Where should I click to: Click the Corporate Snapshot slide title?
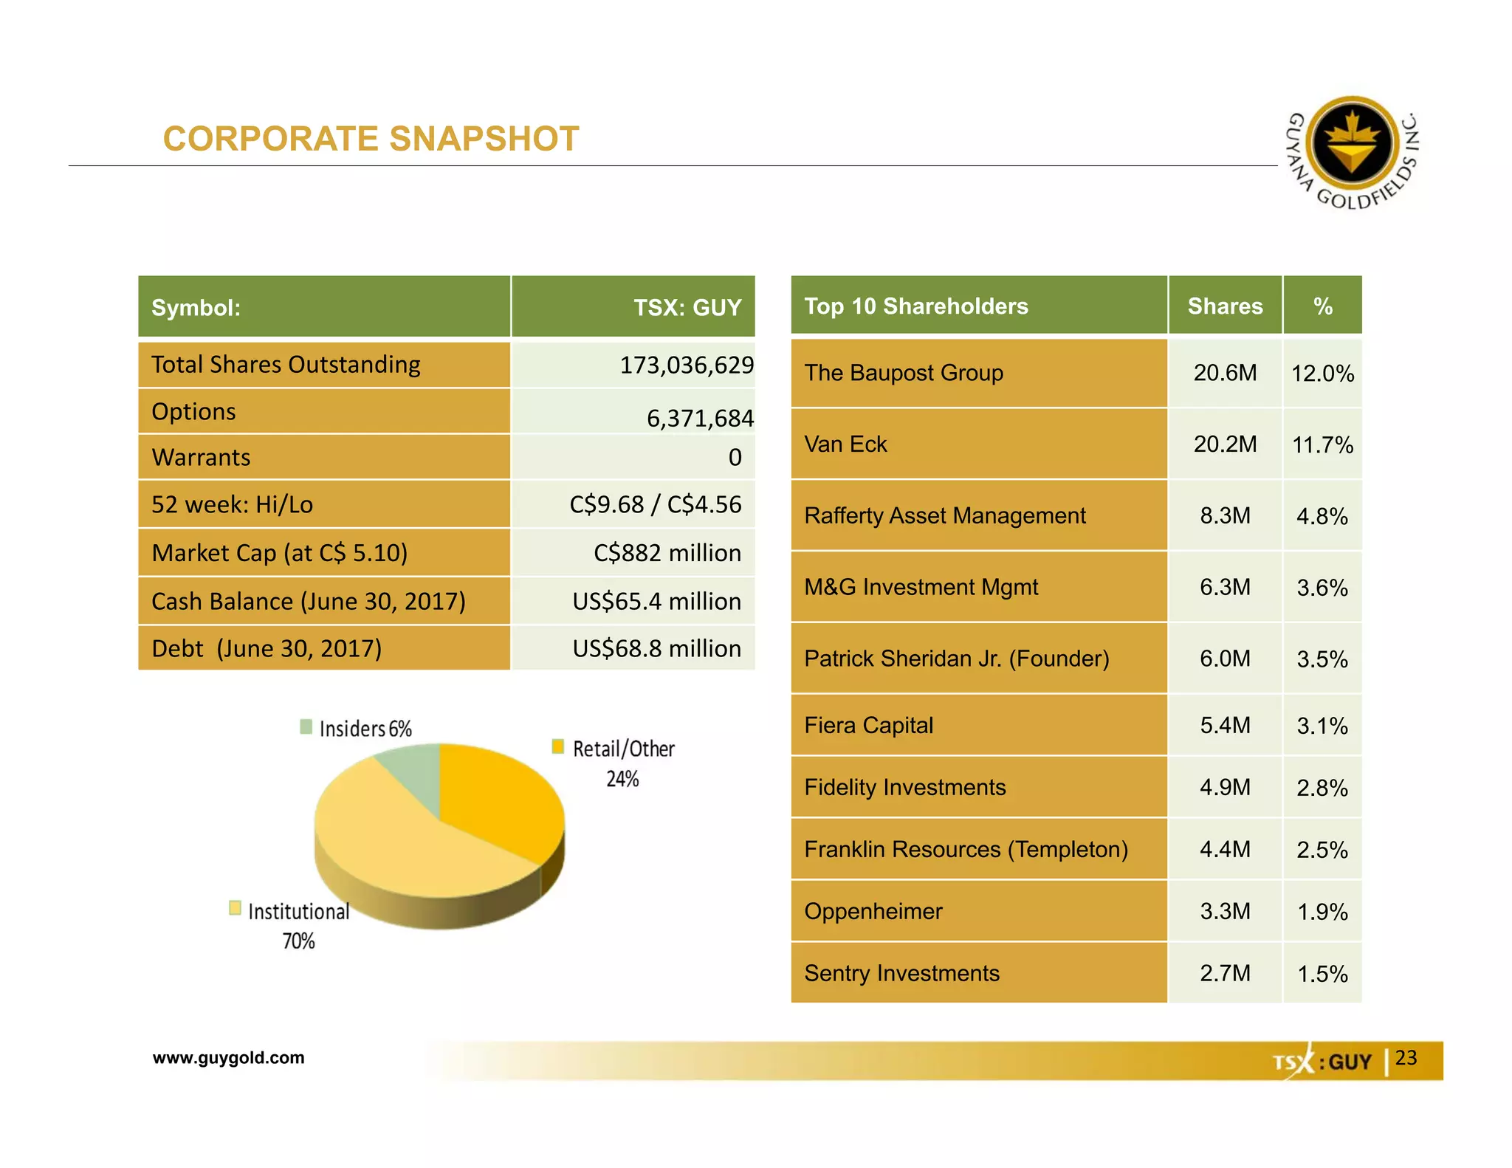371,139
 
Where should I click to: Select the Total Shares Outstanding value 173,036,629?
686,365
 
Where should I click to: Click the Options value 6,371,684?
699,419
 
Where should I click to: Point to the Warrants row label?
201,457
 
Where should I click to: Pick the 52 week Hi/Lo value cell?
655,504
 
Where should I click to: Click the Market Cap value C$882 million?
667,553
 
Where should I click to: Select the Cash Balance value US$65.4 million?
656,601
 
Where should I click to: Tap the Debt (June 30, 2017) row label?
267,648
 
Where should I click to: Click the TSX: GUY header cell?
687,307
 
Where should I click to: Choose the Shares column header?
1225,306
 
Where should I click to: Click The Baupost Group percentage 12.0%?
1322,374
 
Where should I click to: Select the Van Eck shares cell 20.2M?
1225,444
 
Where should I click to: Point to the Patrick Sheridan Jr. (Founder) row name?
956,658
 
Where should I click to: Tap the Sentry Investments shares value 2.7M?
1225,973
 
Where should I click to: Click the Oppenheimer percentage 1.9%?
1322,912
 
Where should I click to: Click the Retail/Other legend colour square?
558,746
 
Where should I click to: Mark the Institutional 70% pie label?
298,926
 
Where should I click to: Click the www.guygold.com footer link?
228,1057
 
